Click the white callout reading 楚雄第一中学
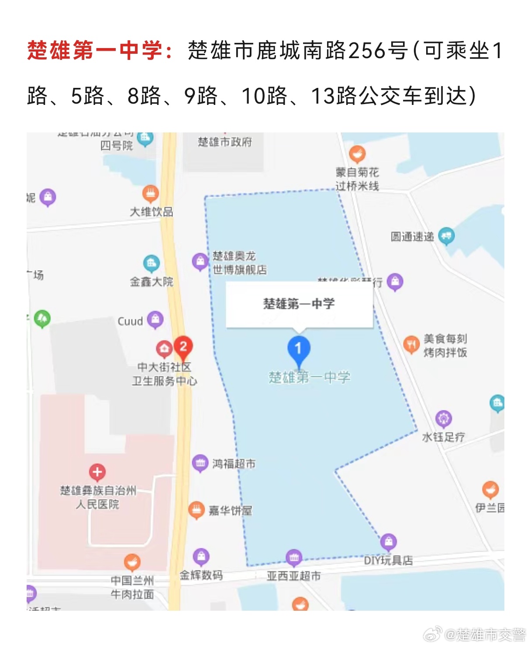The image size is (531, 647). click(299, 304)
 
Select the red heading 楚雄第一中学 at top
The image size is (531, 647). click(95, 50)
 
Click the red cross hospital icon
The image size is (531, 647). click(97, 472)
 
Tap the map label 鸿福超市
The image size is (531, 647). click(234, 464)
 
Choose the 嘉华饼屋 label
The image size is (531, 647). click(230, 511)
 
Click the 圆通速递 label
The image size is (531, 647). click(413, 237)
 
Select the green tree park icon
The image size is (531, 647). click(42, 319)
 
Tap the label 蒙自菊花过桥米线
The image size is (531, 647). click(357, 179)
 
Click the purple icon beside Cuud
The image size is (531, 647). click(155, 320)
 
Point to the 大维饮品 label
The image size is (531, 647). click(152, 212)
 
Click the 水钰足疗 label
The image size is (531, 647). click(443, 437)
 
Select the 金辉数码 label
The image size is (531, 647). click(201, 575)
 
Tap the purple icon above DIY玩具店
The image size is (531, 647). click(388, 543)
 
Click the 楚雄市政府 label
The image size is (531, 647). click(225, 142)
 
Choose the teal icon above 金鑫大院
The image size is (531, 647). click(152, 263)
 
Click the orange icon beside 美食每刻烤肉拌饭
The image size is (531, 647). click(411, 344)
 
